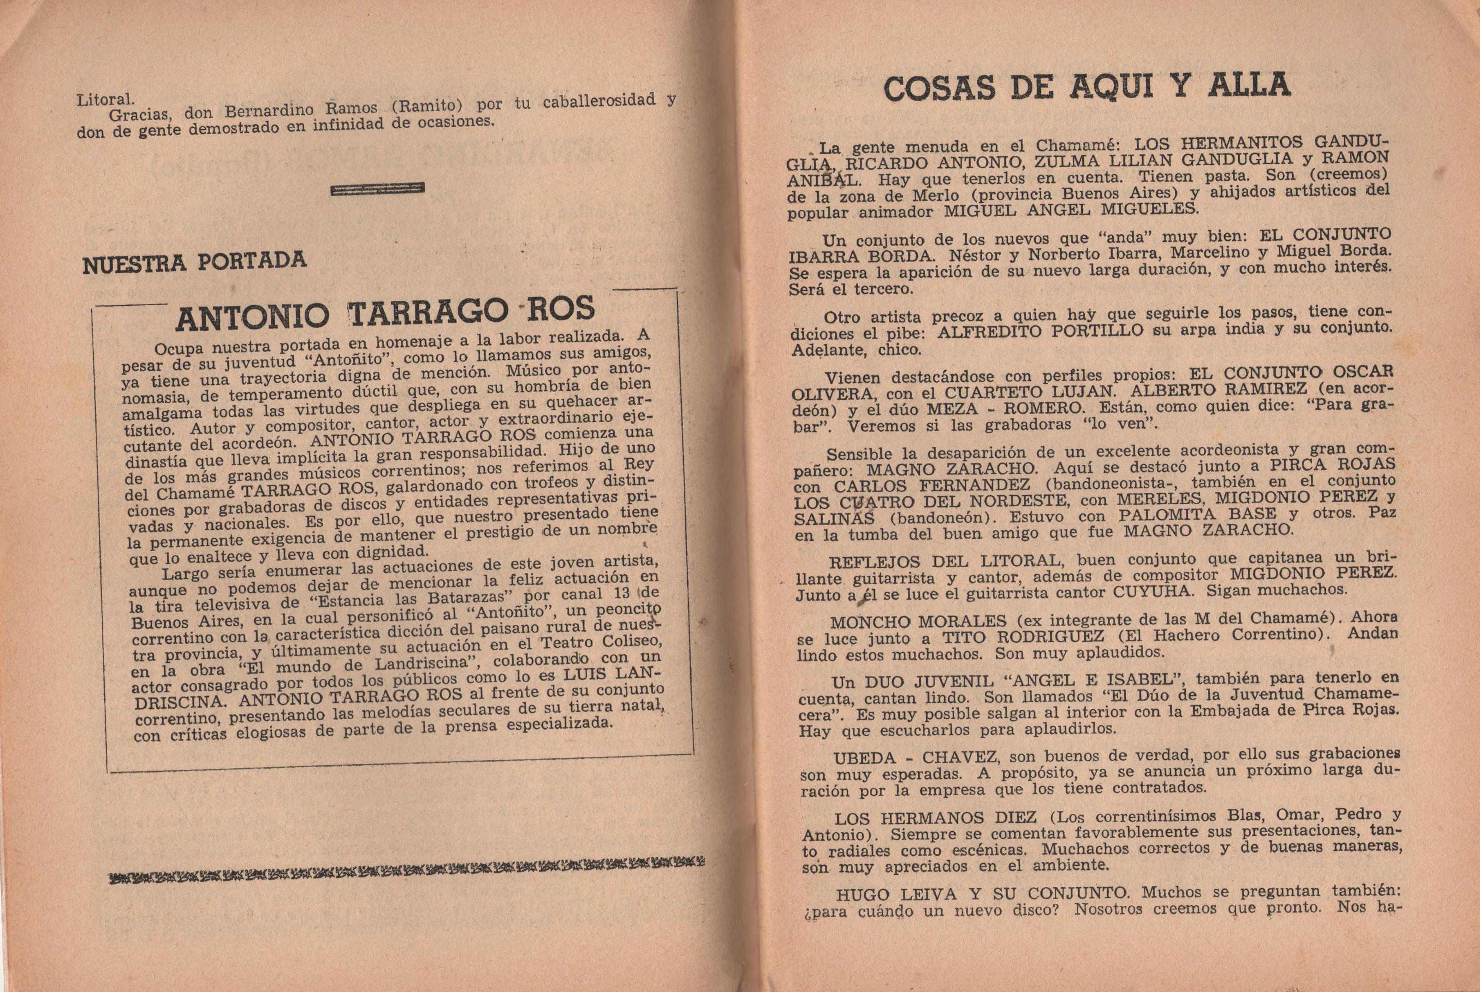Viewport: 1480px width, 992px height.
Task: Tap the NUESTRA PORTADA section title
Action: tap(194, 263)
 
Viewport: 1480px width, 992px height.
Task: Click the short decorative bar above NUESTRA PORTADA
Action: tap(377, 189)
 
